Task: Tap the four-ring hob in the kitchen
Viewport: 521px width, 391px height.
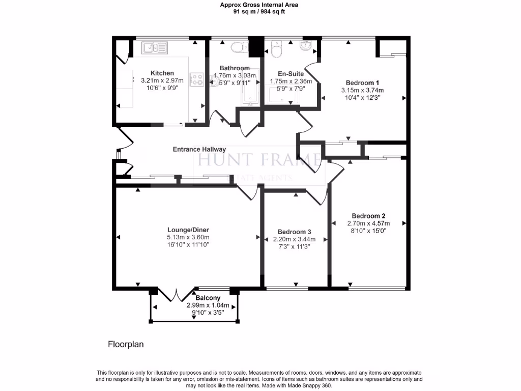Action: coord(196,79)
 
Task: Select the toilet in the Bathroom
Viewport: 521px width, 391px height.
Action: coord(237,48)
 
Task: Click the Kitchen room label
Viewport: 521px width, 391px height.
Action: coord(162,73)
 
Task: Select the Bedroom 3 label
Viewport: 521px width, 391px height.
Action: coord(292,232)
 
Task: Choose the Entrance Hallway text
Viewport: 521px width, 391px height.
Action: coord(199,149)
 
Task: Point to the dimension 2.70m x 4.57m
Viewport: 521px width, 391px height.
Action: coord(368,223)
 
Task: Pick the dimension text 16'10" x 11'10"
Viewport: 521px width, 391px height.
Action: coord(189,244)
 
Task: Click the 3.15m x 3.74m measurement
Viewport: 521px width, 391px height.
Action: coord(363,90)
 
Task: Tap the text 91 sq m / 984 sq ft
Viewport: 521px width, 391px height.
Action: coord(259,11)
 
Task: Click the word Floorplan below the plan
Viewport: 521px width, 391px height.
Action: coord(126,344)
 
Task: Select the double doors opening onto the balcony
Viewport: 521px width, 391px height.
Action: coord(176,295)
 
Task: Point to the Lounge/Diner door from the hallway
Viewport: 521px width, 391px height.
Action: coord(248,192)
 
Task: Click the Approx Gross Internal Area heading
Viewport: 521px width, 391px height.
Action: coord(259,5)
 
